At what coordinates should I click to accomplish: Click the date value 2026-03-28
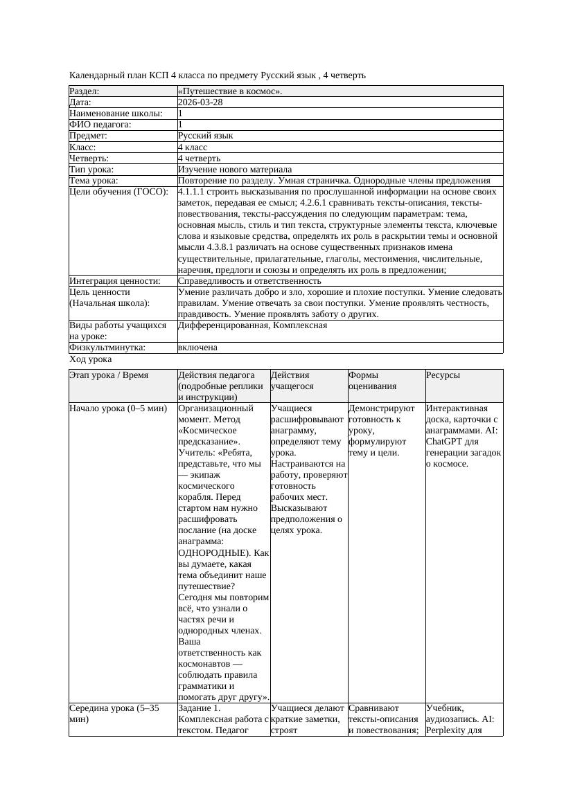click(200, 102)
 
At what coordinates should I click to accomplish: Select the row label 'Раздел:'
click(85, 91)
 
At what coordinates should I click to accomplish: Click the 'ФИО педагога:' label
click(100, 125)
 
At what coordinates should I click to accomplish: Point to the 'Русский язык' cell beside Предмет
click(205, 136)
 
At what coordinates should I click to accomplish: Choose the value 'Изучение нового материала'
click(235, 170)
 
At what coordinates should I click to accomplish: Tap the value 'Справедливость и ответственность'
click(249, 281)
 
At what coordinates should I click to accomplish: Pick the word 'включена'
click(197, 348)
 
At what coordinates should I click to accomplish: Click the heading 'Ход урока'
click(91, 359)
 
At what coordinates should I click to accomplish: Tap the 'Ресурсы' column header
click(443, 375)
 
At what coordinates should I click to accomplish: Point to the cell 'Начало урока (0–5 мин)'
click(118, 408)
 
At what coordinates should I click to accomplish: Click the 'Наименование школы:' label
click(116, 114)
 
